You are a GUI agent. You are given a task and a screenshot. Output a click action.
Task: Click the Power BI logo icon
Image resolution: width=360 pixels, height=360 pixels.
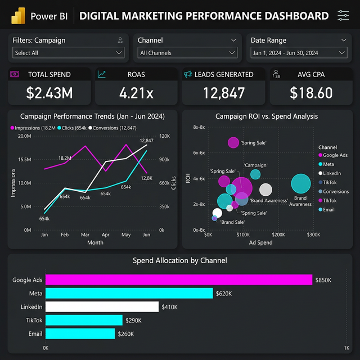[19, 15]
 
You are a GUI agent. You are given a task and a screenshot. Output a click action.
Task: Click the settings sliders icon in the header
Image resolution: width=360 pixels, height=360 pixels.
[343, 15]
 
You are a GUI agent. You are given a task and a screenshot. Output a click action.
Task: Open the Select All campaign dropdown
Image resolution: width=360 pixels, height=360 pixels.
[69, 52]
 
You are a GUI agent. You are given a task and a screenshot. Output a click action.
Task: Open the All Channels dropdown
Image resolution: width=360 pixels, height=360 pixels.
[187, 52]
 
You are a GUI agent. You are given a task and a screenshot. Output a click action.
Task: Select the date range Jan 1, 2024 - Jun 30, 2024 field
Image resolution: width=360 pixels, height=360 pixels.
[299, 52]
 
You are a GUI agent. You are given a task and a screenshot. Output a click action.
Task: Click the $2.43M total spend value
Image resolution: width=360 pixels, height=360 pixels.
[49, 93]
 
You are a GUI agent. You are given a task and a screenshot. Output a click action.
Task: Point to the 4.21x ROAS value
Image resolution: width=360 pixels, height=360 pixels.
[136, 93]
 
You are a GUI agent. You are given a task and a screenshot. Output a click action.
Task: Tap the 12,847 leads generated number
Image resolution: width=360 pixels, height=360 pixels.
[224, 93]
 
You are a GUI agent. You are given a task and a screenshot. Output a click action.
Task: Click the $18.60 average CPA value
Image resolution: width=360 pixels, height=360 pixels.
[311, 93]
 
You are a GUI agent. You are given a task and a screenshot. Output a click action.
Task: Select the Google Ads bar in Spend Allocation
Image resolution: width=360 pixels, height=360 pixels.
[178, 280]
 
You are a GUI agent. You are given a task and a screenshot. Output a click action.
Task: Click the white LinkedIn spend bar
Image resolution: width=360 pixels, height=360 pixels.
[102, 307]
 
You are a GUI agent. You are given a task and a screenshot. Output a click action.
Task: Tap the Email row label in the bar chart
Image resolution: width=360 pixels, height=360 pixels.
[35, 334]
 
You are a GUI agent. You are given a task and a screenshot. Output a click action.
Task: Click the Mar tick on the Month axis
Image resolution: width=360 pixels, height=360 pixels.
[85, 235]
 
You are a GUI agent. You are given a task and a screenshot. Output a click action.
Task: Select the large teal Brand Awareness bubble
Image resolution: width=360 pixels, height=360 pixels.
[301, 184]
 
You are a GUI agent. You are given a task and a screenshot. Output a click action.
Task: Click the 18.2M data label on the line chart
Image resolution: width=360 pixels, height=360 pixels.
[65, 158]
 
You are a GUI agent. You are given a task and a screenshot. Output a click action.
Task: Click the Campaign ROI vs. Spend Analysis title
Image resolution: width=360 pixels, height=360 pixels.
[267, 116]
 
